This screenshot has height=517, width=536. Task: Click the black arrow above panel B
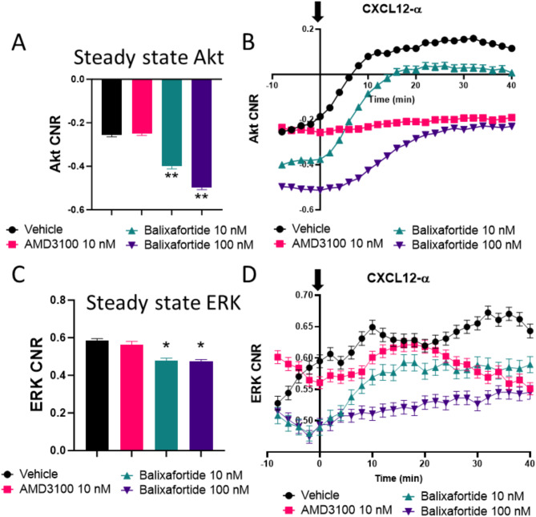coord(320,11)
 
